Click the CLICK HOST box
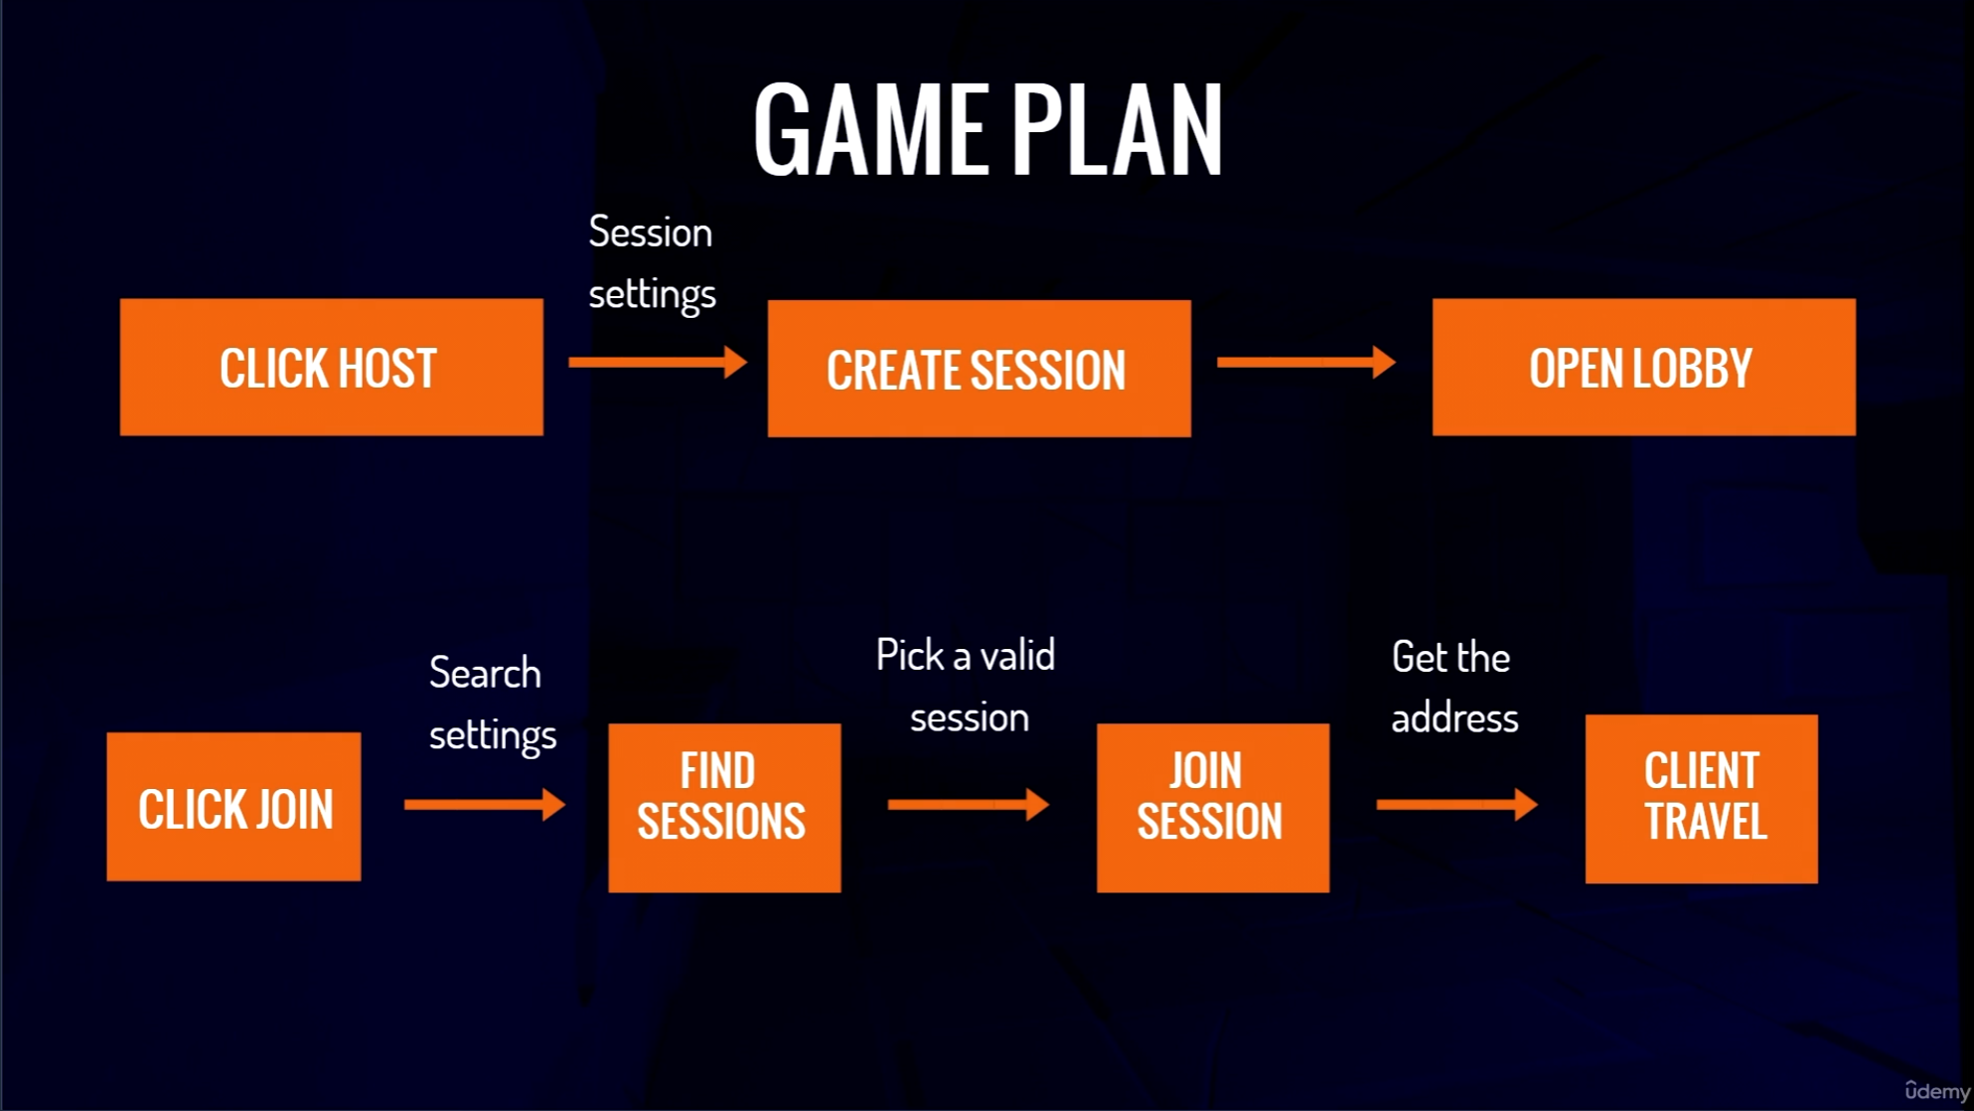(x=331, y=367)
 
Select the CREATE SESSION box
(x=979, y=369)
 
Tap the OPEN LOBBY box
(x=1643, y=367)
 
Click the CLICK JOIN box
(x=233, y=807)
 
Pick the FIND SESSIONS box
(x=724, y=807)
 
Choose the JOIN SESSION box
(x=1212, y=807)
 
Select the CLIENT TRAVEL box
(x=1701, y=799)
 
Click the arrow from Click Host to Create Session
(x=657, y=362)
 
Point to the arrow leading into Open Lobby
(x=1305, y=362)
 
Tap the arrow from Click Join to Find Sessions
(x=484, y=804)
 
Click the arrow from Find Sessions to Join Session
(x=968, y=804)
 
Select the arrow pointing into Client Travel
(x=1456, y=804)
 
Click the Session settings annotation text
(x=652, y=263)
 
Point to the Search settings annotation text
(x=492, y=704)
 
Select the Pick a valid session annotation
(x=967, y=686)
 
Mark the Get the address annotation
(x=1453, y=688)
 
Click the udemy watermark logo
(x=1936, y=1090)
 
